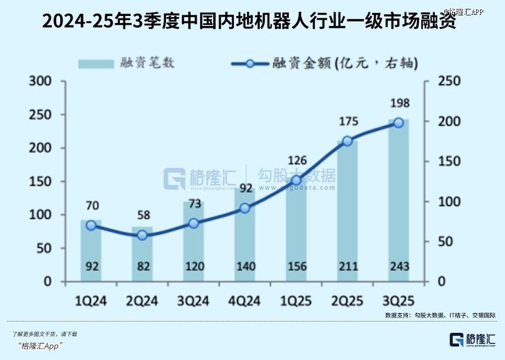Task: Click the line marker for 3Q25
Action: pyautogui.click(x=398, y=122)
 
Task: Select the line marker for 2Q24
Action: pyautogui.click(x=142, y=235)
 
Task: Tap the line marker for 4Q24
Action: pyautogui.click(x=245, y=208)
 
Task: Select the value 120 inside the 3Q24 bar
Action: pyautogui.click(x=193, y=267)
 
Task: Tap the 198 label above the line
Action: pyautogui.click(x=398, y=104)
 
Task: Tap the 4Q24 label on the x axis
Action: pyautogui.click(x=245, y=300)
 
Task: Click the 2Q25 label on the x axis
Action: pyautogui.click(x=347, y=300)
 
